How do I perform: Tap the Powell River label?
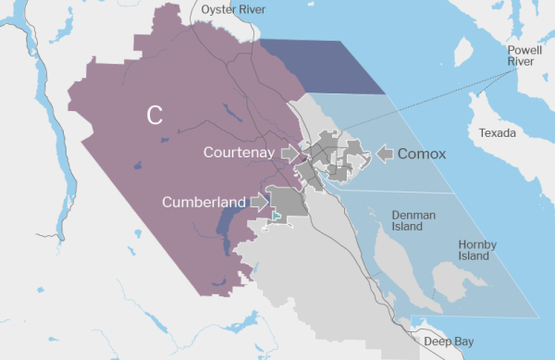click(x=525, y=55)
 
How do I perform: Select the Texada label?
click(x=498, y=133)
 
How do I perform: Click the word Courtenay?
click(x=239, y=152)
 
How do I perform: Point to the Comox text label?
click(x=423, y=154)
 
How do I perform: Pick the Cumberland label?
click(x=203, y=201)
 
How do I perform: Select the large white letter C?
click(x=154, y=115)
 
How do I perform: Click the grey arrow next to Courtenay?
click(x=290, y=152)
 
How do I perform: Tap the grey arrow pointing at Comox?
click(x=385, y=154)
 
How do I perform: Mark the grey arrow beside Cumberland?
click(x=259, y=200)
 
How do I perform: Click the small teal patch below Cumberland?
click(x=276, y=216)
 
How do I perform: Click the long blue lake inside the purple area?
click(x=226, y=222)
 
